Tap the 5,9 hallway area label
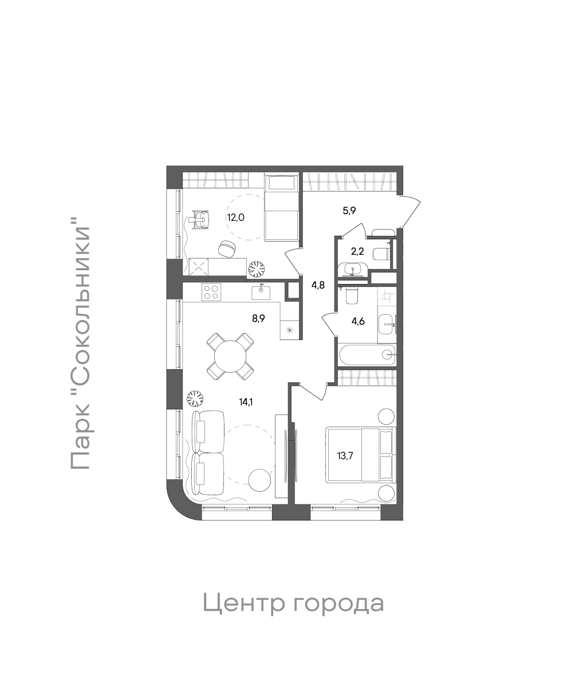pyautogui.click(x=349, y=210)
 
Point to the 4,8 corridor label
pyautogui.click(x=318, y=285)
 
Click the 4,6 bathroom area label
pyautogui.click(x=358, y=321)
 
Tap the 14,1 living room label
pyautogui.click(x=246, y=402)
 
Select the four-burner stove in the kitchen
pyautogui.click(x=211, y=293)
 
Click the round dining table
pyautogui.click(x=230, y=357)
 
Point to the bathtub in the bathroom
pyautogui.click(x=367, y=355)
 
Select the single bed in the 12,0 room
pyautogui.click(x=281, y=209)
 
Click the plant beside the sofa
pyautogui.click(x=196, y=398)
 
